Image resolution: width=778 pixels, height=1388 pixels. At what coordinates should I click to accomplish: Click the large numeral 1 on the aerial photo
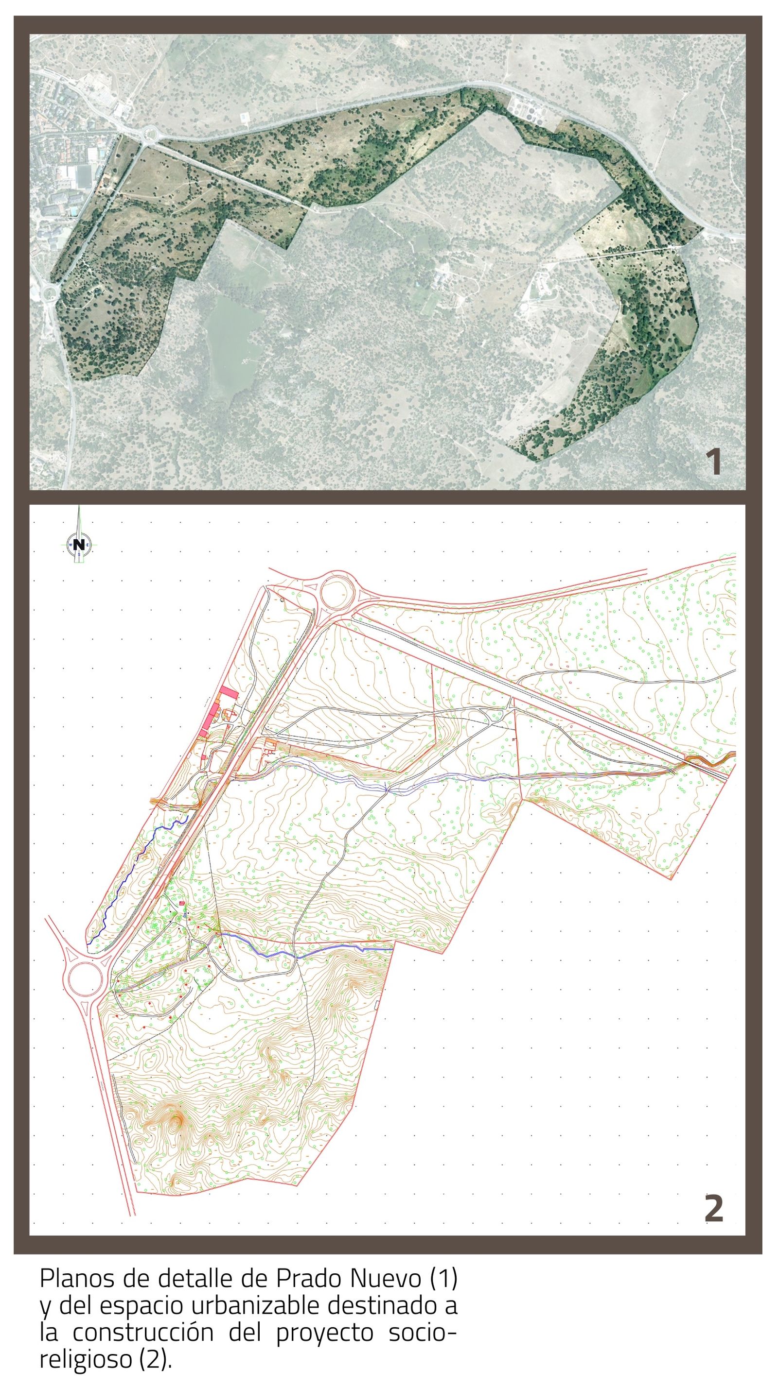pos(714,462)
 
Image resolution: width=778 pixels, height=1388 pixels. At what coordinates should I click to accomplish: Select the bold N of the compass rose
pos(79,544)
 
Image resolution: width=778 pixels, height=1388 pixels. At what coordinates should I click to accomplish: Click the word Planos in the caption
pos(78,1279)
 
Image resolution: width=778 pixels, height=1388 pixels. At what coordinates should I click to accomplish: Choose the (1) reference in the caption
pos(444,1279)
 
